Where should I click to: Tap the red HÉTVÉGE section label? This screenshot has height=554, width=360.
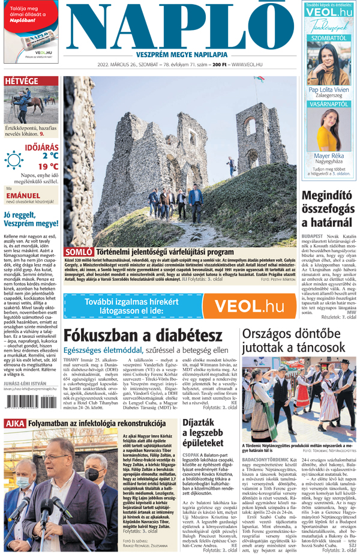[22, 81]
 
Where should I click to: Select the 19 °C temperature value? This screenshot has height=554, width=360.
[48, 166]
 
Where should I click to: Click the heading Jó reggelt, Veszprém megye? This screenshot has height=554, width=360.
[30, 223]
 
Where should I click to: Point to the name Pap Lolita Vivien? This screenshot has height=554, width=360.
[329, 89]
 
